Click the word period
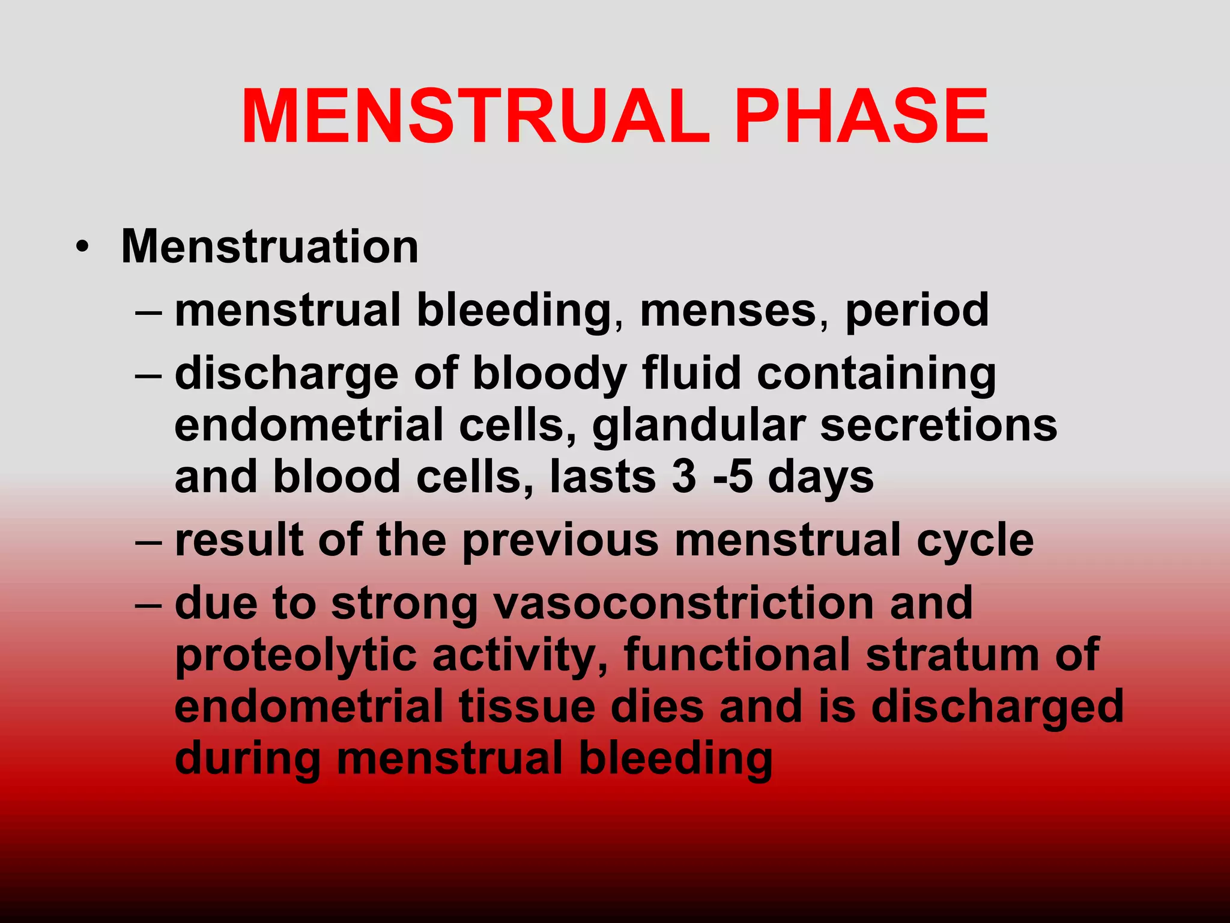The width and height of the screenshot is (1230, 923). coord(916,311)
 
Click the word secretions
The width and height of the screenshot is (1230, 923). coord(938,425)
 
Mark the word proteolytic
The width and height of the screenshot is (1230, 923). coord(295,656)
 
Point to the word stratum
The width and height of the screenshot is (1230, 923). coord(952,654)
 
